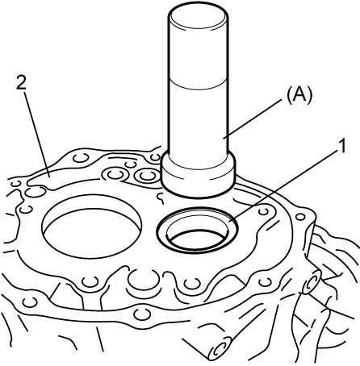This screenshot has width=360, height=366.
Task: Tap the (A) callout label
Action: tap(299, 95)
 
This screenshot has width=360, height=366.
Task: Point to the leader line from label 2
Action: tap(36, 134)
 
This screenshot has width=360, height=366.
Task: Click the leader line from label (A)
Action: tap(253, 119)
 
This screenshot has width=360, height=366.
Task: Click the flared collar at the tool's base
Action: tap(199, 176)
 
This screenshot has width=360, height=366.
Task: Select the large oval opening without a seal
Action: tap(91, 227)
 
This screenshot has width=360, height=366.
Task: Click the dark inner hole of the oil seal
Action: tap(198, 239)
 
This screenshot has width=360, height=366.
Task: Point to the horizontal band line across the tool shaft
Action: tap(199, 85)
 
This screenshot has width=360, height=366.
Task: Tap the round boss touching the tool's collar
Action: tap(147, 176)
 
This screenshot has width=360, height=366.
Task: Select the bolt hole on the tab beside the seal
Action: tap(263, 211)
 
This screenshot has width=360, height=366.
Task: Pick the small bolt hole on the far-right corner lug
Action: tap(300, 217)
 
